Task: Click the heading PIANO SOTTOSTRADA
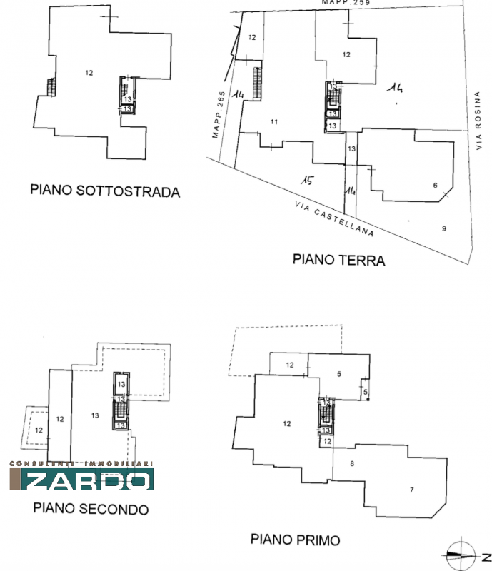(x=104, y=191)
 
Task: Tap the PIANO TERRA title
(x=338, y=261)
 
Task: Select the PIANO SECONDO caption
(x=91, y=510)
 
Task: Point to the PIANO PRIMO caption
(x=295, y=540)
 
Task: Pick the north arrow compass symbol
(x=461, y=552)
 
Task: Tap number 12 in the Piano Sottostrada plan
(x=89, y=73)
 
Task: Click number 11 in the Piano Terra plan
(x=273, y=123)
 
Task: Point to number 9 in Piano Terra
(x=443, y=228)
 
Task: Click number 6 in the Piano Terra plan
(x=435, y=186)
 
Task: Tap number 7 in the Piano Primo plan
(x=411, y=490)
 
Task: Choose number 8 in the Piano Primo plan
(x=352, y=465)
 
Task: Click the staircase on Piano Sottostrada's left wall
(x=51, y=87)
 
